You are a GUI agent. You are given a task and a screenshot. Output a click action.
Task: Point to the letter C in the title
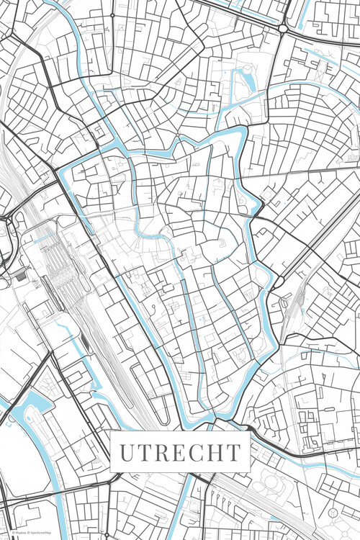tap(196, 453)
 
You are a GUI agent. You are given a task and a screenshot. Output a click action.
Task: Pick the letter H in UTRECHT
tap(214, 453)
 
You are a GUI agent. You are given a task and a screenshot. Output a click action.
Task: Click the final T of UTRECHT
tap(232, 453)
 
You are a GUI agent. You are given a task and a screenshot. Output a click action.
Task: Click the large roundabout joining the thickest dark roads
tap(284, 28)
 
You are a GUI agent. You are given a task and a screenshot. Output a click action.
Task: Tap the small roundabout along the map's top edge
tap(112, 14)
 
